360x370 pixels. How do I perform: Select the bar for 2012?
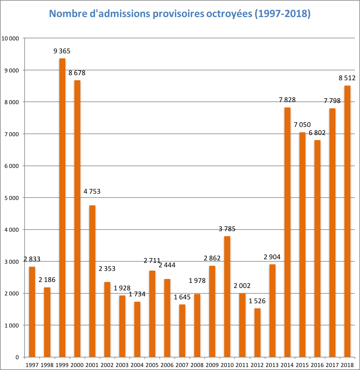click(x=257, y=333)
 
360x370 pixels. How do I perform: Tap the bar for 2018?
click(x=347, y=221)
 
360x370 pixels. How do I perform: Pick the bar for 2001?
click(x=92, y=281)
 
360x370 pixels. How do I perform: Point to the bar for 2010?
click(x=227, y=297)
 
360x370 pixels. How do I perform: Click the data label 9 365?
click(x=62, y=51)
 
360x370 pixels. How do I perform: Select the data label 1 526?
click(x=257, y=301)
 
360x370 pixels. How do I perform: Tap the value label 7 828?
click(x=287, y=100)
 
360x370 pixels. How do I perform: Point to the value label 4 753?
click(x=92, y=191)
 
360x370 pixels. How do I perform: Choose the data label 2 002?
click(x=242, y=286)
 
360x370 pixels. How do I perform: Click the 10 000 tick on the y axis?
click(x=10, y=38)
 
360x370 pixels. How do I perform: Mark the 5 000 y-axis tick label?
click(x=11, y=198)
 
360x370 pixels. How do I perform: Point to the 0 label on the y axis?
click(x=17, y=357)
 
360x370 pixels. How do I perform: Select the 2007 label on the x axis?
click(x=182, y=365)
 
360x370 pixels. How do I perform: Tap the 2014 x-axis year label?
click(x=287, y=365)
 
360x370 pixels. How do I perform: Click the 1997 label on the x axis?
click(x=32, y=365)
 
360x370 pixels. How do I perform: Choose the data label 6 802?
click(x=317, y=133)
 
